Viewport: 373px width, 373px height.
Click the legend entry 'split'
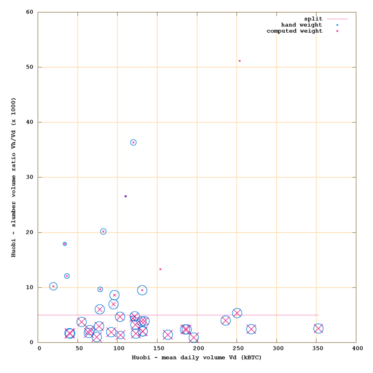(313, 19)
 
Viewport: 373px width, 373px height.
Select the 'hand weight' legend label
(301, 25)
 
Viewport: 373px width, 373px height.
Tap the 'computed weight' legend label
(294, 31)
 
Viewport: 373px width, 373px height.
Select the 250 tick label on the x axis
(238, 348)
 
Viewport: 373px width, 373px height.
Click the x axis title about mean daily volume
(196, 358)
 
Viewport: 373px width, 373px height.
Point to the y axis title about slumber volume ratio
(14, 177)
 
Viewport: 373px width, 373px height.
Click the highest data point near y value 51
(240, 61)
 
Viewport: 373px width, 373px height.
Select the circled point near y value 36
(133, 142)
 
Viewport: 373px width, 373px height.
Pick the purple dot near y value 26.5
(125, 196)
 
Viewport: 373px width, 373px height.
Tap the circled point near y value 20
(103, 231)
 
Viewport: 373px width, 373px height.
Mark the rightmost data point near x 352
(318, 328)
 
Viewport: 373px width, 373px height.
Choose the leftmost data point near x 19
(53, 286)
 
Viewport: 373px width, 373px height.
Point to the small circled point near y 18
(65, 244)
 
